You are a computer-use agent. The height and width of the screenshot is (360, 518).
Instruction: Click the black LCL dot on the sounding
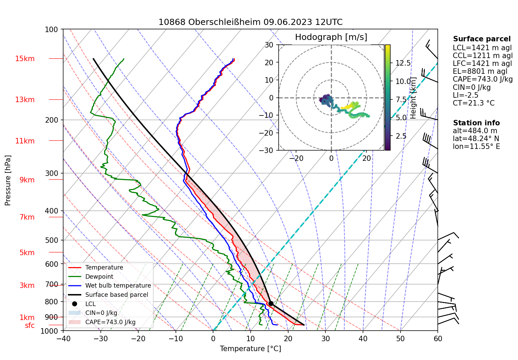(x=271, y=303)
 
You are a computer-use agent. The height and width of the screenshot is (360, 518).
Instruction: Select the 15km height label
(x=25, y=59)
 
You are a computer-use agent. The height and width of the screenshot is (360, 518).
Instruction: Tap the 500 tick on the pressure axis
(x=52, y=240)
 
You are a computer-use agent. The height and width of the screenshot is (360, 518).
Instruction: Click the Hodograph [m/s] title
(x=331, y=37)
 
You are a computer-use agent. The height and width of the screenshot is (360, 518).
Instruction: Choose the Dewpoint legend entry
(x=99, y=277)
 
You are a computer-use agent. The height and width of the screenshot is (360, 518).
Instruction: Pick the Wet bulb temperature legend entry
(x=118, y=286)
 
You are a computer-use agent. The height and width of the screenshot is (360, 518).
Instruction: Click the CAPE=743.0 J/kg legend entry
(x=110, y=322)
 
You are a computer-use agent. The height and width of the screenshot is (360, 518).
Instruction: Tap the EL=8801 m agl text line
(x=480, y=71)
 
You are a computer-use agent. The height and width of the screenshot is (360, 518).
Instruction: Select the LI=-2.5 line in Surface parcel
(x=465, y=95)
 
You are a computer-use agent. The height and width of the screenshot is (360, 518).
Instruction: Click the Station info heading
(x=476, y=123)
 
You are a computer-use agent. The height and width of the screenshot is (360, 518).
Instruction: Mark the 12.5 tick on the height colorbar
(x=403, y=63)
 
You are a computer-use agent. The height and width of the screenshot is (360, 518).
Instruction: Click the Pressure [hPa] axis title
(x=8, y=180)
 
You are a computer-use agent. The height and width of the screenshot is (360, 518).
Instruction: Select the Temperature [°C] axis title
(x=250, y=349)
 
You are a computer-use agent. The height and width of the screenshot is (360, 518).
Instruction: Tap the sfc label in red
(x=30, y=326)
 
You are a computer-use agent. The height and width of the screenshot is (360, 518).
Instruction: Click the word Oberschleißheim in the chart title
(x=224, y=22)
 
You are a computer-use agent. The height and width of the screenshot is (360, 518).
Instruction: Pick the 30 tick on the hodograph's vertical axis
(x=269, y=45)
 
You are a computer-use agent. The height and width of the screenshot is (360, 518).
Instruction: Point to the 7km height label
(x=27, y=217)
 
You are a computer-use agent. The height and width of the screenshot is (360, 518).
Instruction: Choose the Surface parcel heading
(x=481, y=39)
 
